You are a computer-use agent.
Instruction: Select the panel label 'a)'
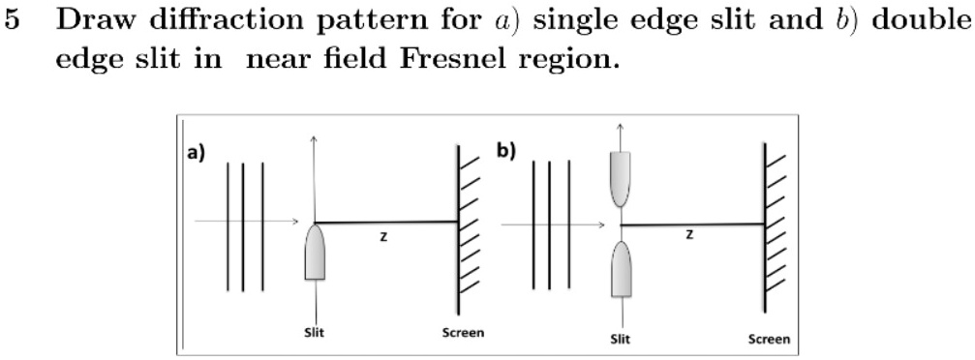(197, 154)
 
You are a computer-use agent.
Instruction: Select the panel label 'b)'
(505, 152)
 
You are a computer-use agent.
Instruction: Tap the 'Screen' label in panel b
(768, 339)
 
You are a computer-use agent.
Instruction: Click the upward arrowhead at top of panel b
(620, 127)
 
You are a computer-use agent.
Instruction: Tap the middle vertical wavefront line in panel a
(243, 226)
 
